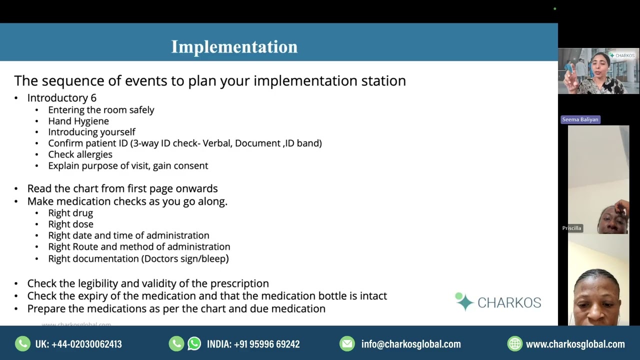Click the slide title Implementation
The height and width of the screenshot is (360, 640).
click(234, 46)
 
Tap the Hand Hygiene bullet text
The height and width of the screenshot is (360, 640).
click(78, 121)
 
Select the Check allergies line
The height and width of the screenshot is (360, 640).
click(80, 154)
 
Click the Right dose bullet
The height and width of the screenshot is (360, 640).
click(70, 224)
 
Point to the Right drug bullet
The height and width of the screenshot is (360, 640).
click(70, 213)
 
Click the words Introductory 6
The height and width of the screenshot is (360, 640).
click(61, 97)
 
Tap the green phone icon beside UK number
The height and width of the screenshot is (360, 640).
click(22, 344)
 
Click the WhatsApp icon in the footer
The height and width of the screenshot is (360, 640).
click(194, 344)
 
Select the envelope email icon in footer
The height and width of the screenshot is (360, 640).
click(346, 344)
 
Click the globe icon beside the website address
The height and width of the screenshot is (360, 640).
click(514, 344)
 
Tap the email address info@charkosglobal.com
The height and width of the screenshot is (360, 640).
click(411, 344)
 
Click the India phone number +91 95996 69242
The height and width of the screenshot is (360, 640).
click(253, 344)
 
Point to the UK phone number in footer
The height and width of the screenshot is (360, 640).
click(78, 344)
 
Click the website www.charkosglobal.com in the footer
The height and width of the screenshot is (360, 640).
click(575, 344)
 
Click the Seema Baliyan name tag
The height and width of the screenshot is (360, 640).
click(580, 119)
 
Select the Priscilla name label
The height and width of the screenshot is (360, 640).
click(571, 228)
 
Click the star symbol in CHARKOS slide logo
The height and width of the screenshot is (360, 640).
click(464, 302)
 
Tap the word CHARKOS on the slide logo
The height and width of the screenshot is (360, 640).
click(509, 302)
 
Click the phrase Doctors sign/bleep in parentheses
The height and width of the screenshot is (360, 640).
click(185, 258)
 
